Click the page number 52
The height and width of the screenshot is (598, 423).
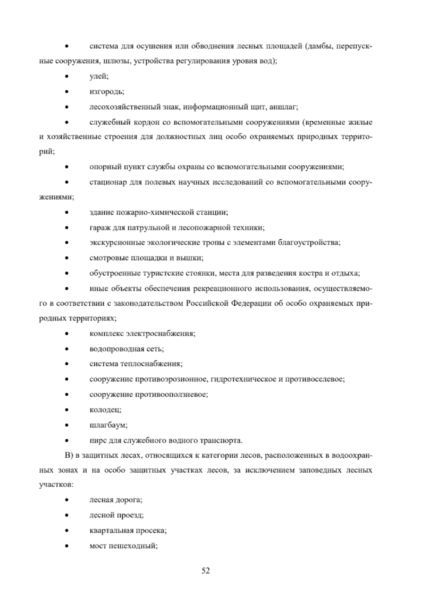[206, 570]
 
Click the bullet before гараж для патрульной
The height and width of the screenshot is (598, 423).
[66, 228]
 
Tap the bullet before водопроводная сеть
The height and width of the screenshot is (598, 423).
[66, 349]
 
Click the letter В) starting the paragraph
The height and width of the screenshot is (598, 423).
[69, 456]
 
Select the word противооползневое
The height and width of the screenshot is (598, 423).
[171, 395]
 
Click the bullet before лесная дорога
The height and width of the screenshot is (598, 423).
[66, 501]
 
